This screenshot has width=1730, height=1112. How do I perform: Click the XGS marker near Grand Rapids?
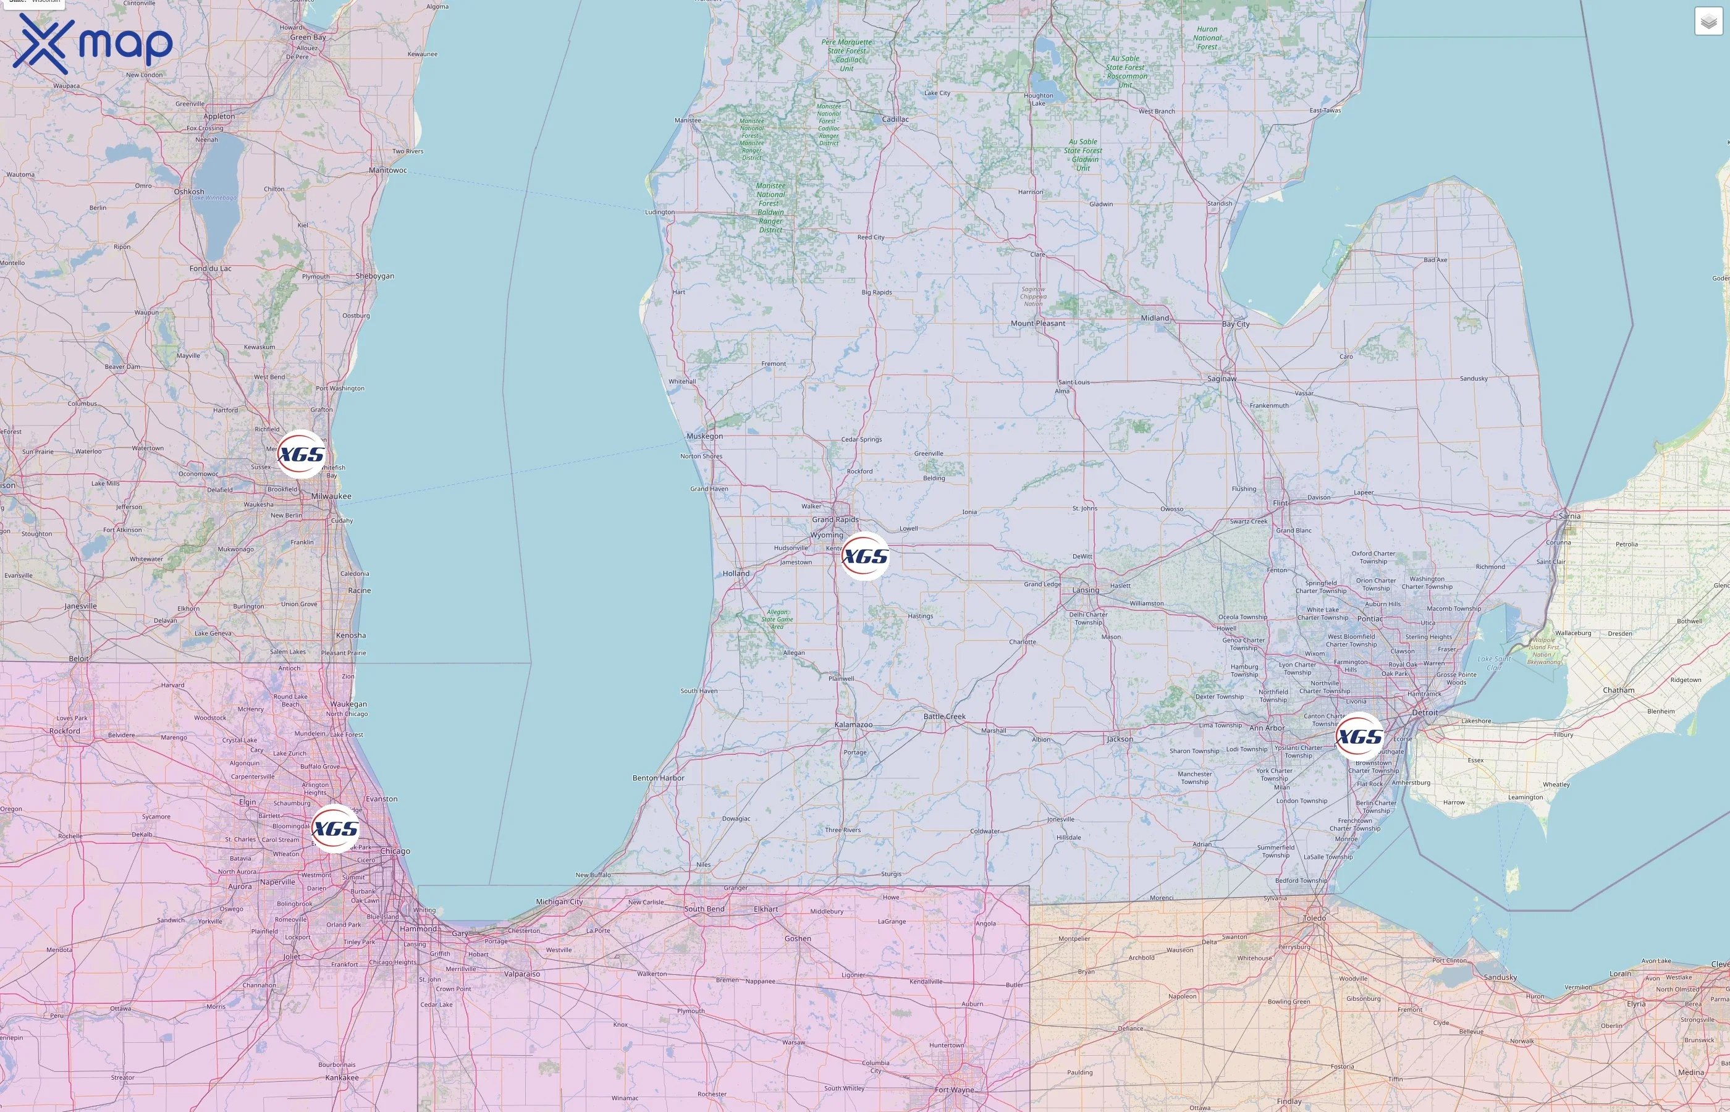[x=865, y=556]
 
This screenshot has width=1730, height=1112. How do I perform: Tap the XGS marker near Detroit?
[x=1360, y=736]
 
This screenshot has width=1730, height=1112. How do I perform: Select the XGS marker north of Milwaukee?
[x=301, y=454]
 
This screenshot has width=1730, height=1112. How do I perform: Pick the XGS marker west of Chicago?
[x=335, y=828]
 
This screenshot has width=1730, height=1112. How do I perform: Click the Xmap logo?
[x=93, y=43]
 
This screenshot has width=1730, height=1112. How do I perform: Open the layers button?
[x=1708, y=22]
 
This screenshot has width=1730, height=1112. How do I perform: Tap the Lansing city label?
[x=1085, y=590]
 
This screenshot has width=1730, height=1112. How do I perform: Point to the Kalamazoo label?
[x=853, y=724]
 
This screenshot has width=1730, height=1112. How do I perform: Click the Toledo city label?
[x=1314, y=919]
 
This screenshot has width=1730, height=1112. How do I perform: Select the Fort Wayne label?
[x=954, y=1090]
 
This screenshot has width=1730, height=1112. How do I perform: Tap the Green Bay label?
[x=308, y=37]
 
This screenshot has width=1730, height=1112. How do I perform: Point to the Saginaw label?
[x=1222, y=378]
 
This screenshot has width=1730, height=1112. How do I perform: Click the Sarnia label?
[x=1569, y=516]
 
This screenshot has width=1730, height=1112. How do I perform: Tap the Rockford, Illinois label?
[x=65, y=731]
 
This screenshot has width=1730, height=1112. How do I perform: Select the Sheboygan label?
[x=375, y=276]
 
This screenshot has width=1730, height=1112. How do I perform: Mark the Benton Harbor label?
[x=658, y=778]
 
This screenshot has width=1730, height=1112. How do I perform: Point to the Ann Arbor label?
[x=1267, y=728]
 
